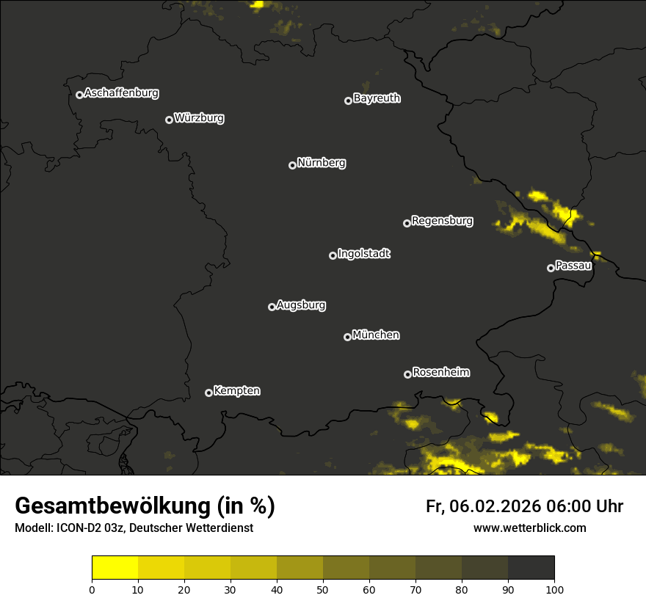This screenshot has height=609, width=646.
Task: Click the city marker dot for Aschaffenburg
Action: tap(79, 95)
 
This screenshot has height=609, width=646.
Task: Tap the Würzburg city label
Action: tap(199, 118)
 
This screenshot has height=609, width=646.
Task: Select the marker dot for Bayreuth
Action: tap(348, 101)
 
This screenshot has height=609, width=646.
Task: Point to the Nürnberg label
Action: tap(321, 163)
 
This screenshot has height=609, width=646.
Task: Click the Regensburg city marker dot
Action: tap(407, 223)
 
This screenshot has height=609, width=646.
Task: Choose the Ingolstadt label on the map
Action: tap(363, 254)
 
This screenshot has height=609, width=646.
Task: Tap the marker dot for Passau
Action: tap(551, 268)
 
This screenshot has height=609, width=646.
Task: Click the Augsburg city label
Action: tap(301, 305)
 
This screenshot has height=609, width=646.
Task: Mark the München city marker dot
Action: tap(347, 337)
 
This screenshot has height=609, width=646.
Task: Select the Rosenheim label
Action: tap(440, 373)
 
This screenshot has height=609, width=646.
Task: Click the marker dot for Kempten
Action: tap(208, 393)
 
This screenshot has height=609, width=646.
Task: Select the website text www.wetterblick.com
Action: tap(529, 528)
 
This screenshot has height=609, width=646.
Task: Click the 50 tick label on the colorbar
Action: tap(323, 589)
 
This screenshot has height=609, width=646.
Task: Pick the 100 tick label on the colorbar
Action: tap(554, 589)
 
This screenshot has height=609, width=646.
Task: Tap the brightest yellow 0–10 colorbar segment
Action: tap(115, 567)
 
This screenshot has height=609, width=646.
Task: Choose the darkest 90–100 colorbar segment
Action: tap(531, 567)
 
